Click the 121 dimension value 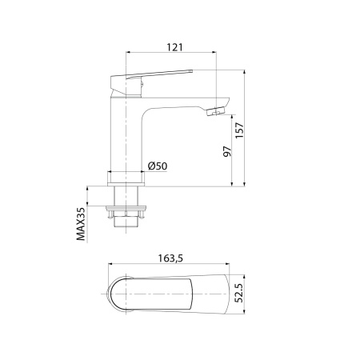pyautogui.click(x=171, y=48)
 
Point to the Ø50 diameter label pyautogui.click(x=158, y=166)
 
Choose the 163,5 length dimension pyautogui.click(x=168, y=258)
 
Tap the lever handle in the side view pyautogui.click(x=152, y=75)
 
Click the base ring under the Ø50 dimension pyautogui.click(x=128, y=178)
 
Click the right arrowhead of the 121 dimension pyautogui.click(x=215, y=54)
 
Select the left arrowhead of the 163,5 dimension pyautogui.click(x=108, y=265)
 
